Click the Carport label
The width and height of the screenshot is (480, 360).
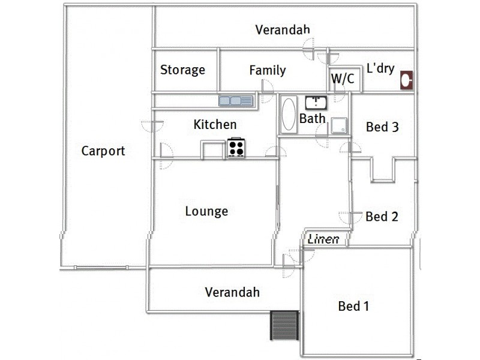[x=103, y=151]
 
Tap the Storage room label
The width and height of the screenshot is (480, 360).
[x=182, y=70]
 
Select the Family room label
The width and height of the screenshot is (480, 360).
[x=268, y=71]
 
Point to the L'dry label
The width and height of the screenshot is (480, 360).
[x=380, y=68]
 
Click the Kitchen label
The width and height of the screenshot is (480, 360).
[x=215, y=125]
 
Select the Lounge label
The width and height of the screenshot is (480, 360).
[x=206, y=211]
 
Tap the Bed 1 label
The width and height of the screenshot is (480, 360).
[x=353, y=307]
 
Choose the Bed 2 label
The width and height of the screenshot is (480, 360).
[x=382, y=217]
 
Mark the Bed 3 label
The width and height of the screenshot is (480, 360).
[x=382, y=127]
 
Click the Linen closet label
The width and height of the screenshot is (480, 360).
[x=324, y=239]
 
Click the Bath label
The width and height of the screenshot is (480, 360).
[x=312, y=118]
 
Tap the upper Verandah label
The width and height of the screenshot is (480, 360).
[x=283, y=30]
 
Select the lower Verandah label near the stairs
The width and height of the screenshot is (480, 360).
[x=232, y=293]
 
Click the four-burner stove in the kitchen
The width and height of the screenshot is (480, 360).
[x=236, y=148]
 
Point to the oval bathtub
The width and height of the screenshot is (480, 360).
[x=288, y=114]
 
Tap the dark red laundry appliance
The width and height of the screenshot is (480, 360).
[x=406, y=80]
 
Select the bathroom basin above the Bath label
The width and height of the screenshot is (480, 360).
[x=315, y=102]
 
